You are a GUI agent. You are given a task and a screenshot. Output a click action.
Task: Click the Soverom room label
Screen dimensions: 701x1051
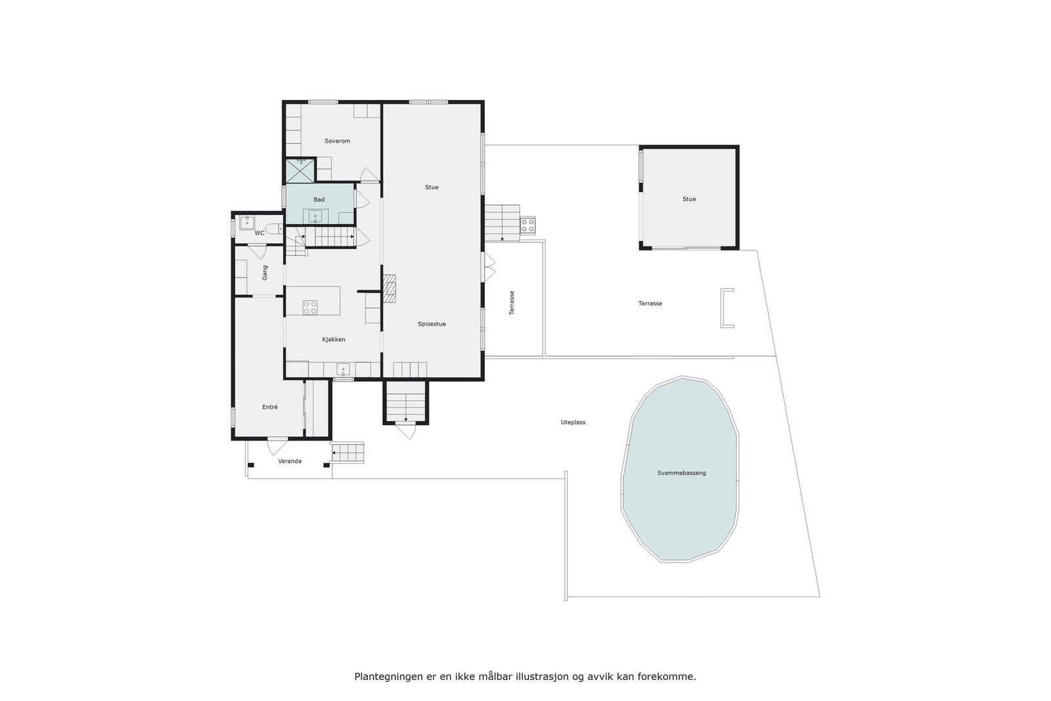point(337,141)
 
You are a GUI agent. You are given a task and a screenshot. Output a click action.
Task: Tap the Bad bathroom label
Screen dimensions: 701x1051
point(319,200)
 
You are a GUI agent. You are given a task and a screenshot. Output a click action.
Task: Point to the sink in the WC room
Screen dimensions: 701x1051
point(247,221)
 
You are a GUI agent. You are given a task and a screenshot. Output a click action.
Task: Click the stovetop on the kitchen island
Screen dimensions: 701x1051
point(310,307)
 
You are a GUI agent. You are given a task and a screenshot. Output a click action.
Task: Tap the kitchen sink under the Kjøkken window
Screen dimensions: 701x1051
point(343,369)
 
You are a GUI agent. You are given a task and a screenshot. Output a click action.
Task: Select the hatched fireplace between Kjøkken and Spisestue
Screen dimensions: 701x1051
point(390,288)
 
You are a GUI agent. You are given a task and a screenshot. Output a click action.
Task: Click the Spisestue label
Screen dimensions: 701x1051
point(432,324)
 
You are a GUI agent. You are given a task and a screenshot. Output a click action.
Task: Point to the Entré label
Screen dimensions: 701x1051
point(269,407)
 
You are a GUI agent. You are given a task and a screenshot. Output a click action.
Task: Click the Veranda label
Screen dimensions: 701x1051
point(290,461)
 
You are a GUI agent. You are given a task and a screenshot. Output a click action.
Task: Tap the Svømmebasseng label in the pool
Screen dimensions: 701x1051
point(681,473)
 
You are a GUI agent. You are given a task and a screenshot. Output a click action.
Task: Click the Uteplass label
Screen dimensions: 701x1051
point(573,422)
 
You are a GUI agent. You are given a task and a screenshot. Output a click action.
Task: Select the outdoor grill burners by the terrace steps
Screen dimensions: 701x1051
point(527,226)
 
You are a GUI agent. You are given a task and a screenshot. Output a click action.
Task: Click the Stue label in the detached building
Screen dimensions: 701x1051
point(688,199)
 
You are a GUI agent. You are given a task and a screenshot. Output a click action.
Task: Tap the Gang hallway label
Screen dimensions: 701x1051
point(265,273)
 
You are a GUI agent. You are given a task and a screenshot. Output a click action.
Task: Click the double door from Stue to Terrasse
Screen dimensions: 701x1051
point(488,267)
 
